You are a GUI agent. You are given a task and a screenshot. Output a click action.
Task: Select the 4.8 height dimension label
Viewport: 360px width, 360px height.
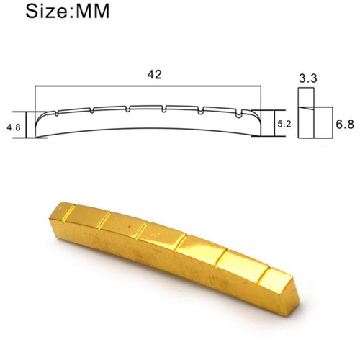(x=13, y=127)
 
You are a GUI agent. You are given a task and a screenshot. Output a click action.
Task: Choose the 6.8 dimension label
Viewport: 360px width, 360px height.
(x=345, y=124)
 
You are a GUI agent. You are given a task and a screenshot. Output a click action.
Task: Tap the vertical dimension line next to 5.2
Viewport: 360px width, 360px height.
(x=271, y=124)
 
